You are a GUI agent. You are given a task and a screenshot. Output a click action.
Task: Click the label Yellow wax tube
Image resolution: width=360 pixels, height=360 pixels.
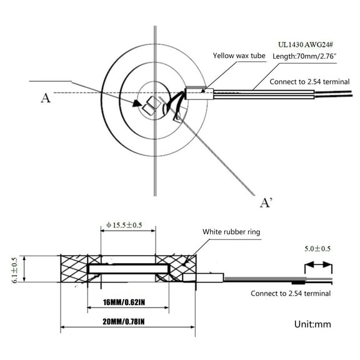(x=239, y=56)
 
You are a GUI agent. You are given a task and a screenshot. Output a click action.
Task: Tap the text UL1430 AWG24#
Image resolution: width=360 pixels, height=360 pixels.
(x=306, y=44)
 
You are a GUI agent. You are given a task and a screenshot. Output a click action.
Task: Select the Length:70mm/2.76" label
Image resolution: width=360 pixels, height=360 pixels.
(x=304, y=56)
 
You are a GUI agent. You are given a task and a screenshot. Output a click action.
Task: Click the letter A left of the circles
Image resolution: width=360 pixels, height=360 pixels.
(x=46, y=98)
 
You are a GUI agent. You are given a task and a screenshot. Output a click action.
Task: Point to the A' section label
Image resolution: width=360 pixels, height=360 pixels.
(x=266, y=202)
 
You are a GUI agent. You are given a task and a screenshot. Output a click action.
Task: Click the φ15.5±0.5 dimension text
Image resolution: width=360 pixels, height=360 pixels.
(x=124, y=225)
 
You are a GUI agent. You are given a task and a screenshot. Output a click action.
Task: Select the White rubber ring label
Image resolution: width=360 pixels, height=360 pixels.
(x=231, y=232)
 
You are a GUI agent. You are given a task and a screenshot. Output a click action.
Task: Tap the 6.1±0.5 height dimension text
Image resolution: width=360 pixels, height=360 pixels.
(x=14, y=270)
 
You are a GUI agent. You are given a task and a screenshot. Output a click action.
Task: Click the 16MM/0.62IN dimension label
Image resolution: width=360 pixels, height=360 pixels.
(x=124, y=302)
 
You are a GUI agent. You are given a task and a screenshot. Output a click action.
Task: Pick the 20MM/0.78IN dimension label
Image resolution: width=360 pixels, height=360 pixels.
(x=124, y=322)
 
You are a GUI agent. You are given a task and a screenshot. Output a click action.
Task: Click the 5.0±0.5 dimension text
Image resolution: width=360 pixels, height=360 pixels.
(x=317, y=249)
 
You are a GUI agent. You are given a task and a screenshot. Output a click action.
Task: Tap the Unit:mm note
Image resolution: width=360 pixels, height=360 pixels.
(x=312, y=324)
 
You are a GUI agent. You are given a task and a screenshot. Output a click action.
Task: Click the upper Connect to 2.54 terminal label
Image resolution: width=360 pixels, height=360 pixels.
(x=309, y=82)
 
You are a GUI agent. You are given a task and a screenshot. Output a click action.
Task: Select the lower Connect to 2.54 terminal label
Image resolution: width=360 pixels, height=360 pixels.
(x=291, y=293)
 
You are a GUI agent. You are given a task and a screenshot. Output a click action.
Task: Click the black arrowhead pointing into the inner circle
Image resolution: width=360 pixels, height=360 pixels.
(x=137, y=104)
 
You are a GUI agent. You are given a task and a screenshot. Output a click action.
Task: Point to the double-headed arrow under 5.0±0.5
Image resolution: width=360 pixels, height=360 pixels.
(x=318, y=265)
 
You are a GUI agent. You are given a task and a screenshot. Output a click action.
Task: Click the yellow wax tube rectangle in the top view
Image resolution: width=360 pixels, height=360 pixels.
(x=199, y=94)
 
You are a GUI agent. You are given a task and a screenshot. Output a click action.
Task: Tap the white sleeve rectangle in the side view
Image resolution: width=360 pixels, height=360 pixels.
(x=203, y=277)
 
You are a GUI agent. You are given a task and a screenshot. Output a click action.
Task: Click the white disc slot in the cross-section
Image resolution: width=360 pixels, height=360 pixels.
(x=128, y=269)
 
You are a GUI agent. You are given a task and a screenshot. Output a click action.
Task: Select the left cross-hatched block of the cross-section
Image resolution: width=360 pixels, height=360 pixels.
(x=74, y=269)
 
